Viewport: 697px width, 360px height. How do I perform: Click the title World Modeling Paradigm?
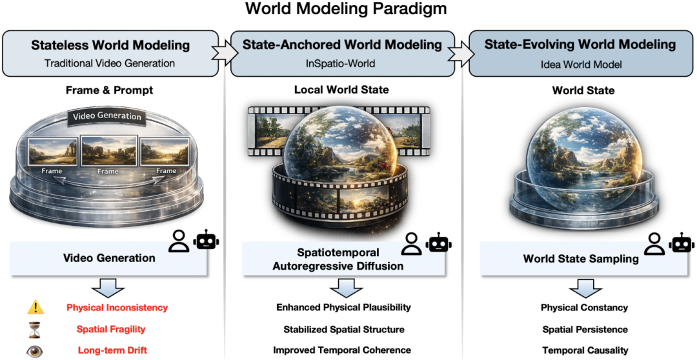[x=345, y=10]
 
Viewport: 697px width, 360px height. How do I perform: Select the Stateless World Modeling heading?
[x=110, y=45]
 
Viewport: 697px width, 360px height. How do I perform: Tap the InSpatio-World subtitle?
[x=342, y=63]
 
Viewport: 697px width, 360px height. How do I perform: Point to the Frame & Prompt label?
[x=109, y=90]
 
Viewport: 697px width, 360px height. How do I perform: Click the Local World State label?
[x=342, y=90]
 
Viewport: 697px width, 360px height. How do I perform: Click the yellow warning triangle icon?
[x=35, y=308]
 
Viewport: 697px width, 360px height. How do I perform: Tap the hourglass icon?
[x=35, y=329]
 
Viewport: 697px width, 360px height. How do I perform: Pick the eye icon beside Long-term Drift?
[x=35, y=350]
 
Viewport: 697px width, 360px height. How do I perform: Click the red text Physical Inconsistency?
[x=117, y=308]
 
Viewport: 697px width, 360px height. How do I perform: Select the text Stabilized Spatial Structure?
[x=344, y=329]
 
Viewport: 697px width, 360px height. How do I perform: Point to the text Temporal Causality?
[x=585, y=350]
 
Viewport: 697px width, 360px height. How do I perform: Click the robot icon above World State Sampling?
[x=681, y=243]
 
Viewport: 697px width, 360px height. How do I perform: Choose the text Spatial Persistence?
[x=585, y=329]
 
